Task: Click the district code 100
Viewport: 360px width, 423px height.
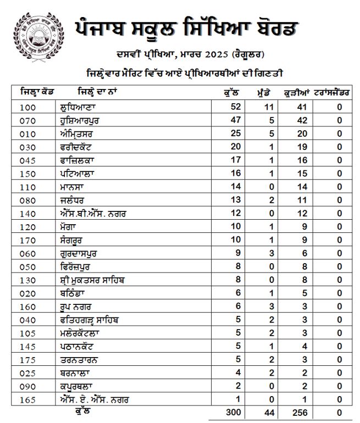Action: (27, 107)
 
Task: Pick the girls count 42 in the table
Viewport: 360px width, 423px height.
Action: (301, 119)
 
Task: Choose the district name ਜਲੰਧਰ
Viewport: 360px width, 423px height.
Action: (74, 198)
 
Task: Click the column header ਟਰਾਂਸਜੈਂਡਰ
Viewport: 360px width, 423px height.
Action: (335, 92)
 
